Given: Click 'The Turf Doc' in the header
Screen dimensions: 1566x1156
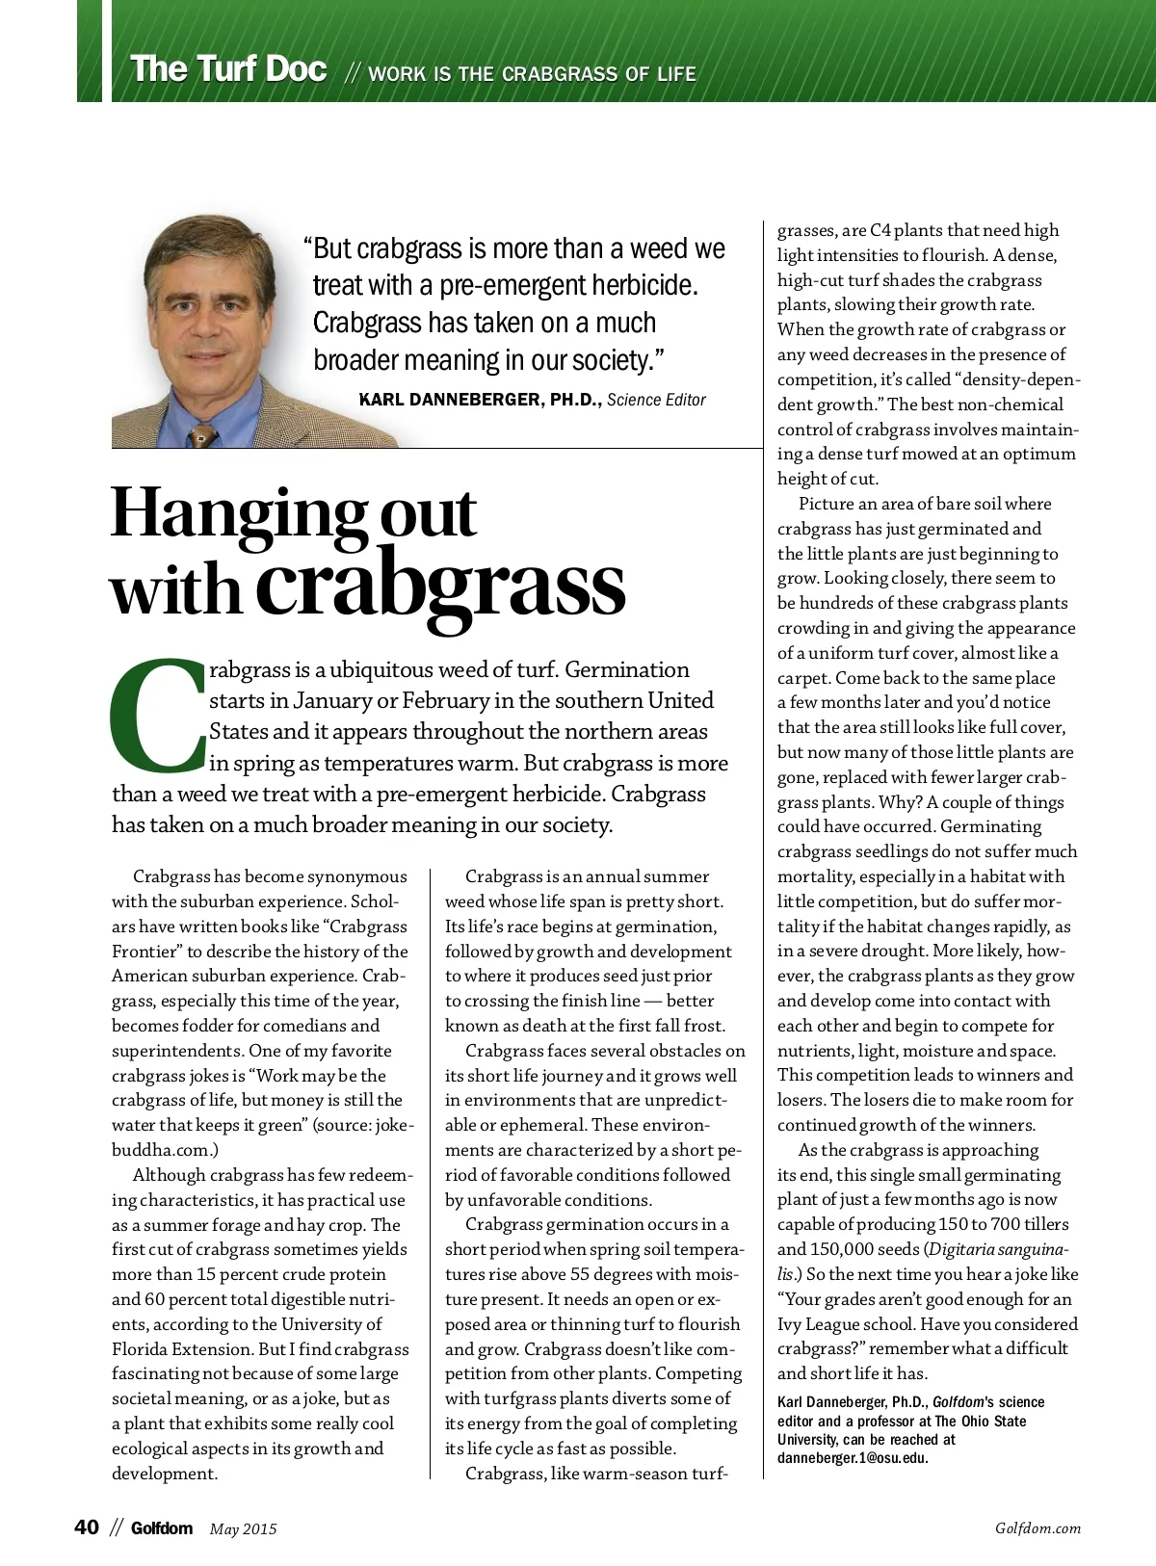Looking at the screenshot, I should [x=228, y=70].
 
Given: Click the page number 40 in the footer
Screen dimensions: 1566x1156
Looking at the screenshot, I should [x=87, y=1527].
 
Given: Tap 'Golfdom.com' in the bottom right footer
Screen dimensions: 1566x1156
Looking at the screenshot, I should [x=1038, y=1528].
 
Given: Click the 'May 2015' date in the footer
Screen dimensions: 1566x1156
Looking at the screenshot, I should [x=243, y=1528].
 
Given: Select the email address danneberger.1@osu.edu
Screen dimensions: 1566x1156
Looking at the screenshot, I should [x=853, y=1458].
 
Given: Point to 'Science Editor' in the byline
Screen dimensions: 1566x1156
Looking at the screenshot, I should [x=656, y=400].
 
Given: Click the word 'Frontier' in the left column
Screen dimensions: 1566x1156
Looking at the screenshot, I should [x=147, y=952].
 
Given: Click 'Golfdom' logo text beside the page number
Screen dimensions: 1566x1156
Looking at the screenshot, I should [x=162, y=1528].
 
